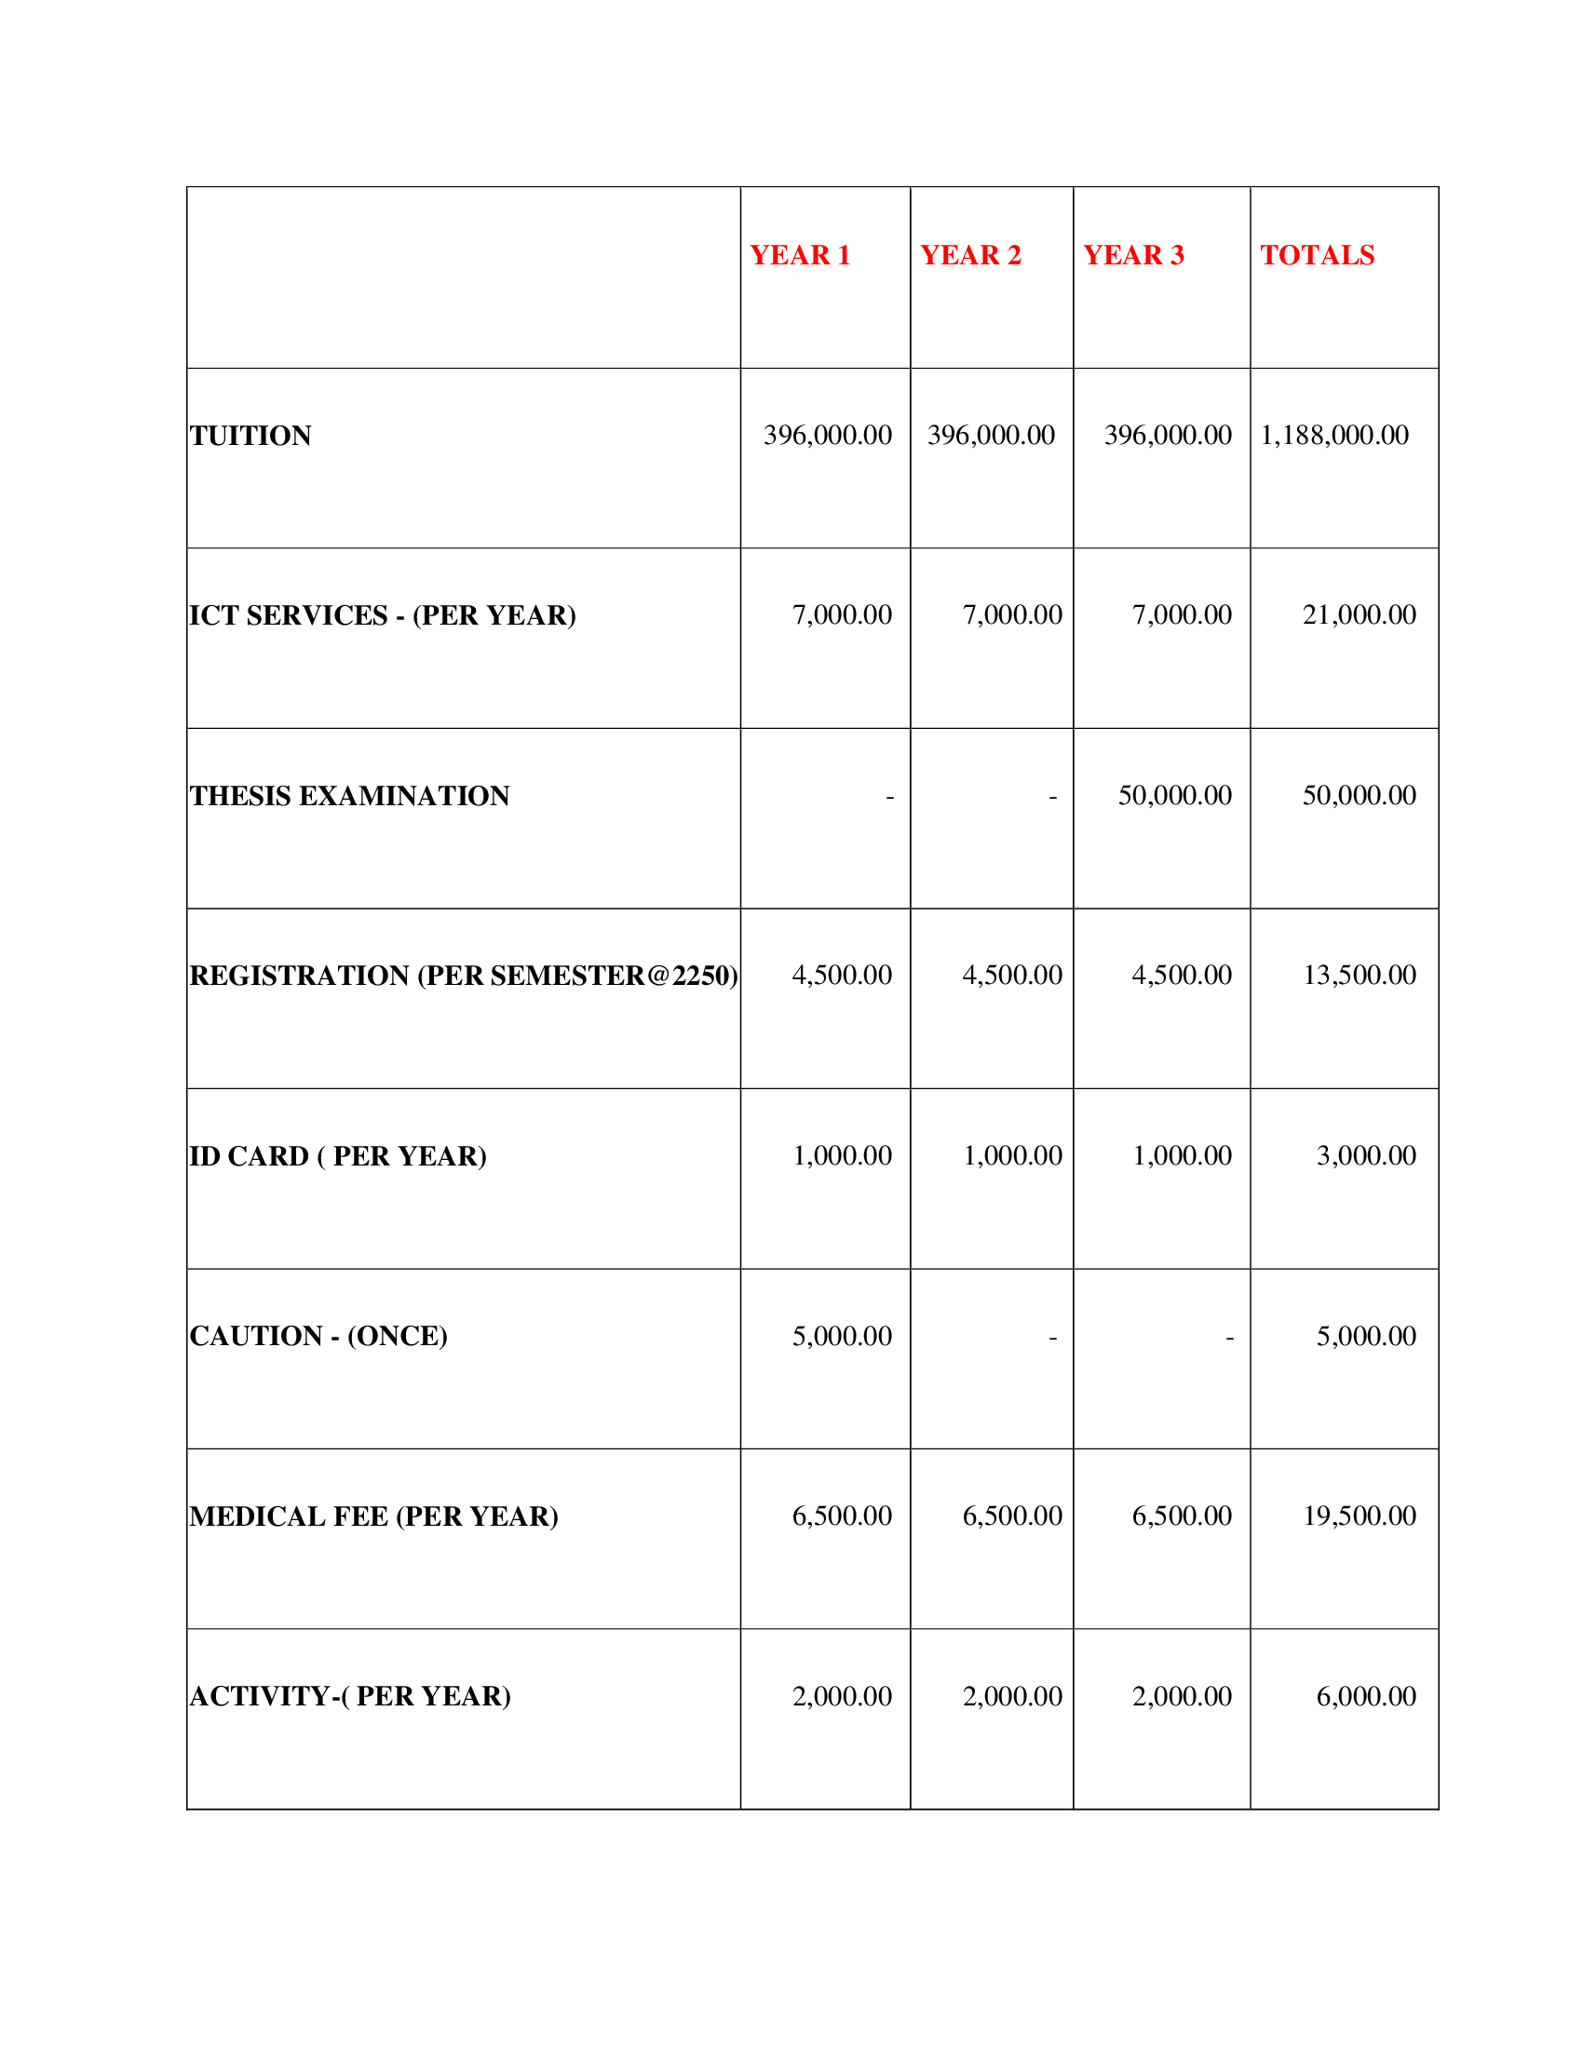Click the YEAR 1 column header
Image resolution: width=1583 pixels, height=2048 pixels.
pos(799,255)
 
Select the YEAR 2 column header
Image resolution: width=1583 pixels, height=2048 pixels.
pos(969,255)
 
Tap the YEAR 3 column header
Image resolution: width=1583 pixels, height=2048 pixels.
pos(1133,255)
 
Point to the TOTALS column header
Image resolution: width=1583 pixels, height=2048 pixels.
pos(1317,255)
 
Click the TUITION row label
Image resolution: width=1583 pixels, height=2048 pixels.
pos(250,436)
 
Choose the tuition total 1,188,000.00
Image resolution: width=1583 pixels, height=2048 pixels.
pos(1333,435)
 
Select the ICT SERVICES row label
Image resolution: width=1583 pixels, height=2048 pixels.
pos(383,615)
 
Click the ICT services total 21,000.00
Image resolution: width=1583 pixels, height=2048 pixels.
pos(1358,615)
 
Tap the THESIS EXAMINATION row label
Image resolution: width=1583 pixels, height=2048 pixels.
pos(350,796)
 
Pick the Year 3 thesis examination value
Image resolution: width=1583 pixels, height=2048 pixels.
pos(1174,795)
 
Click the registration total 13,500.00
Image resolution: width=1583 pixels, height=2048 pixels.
pos(1358,976)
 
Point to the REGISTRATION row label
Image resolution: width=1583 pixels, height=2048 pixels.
pos(464,977)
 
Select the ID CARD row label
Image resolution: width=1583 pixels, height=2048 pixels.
pos(339,1156)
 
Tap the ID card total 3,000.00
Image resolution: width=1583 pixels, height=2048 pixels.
pos(1365,1155)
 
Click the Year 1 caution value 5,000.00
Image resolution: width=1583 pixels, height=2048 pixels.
pos(841,1335)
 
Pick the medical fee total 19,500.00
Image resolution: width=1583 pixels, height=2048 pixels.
pos(1358,1516)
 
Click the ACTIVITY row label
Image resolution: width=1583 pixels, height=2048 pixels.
pos(351,1696)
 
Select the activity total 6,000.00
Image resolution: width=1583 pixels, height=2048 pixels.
pos(1365,1695)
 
